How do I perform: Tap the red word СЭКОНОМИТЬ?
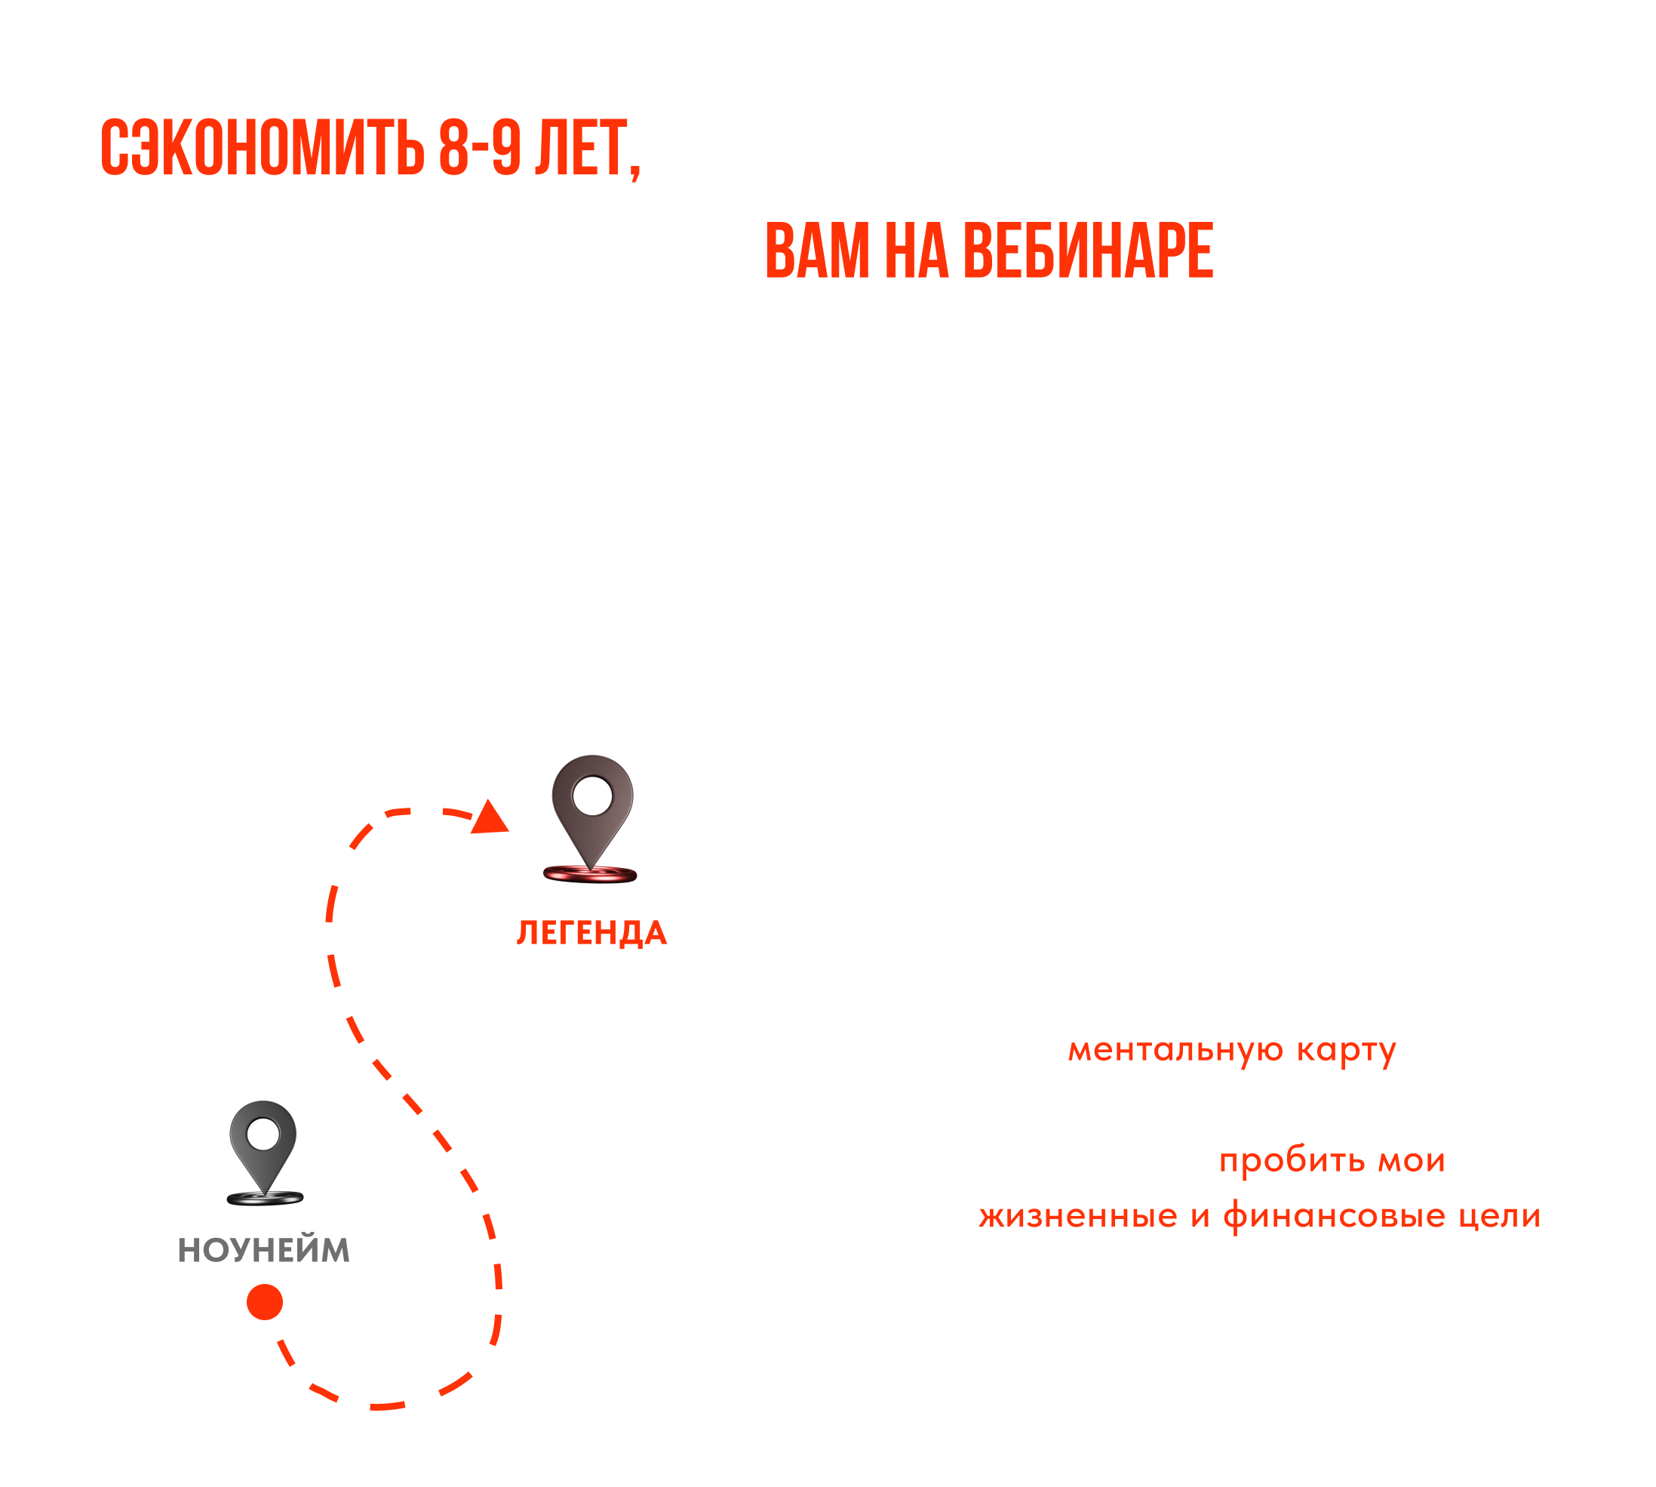click(261, 149)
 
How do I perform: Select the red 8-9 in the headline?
click(479, 149)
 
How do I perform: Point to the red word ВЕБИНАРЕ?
click(1089, 251)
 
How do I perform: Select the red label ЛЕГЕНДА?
click(591, 933)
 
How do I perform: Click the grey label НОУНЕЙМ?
click(264, 1250)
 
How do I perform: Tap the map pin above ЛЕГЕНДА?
click(592, 813)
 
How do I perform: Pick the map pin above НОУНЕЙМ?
click(263, 1148)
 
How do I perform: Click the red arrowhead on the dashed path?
click(492, 819)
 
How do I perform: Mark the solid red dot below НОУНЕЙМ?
click(265, 1301)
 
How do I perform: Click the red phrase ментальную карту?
click(1232, 1050)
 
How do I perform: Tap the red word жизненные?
click(1078, 1217)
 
